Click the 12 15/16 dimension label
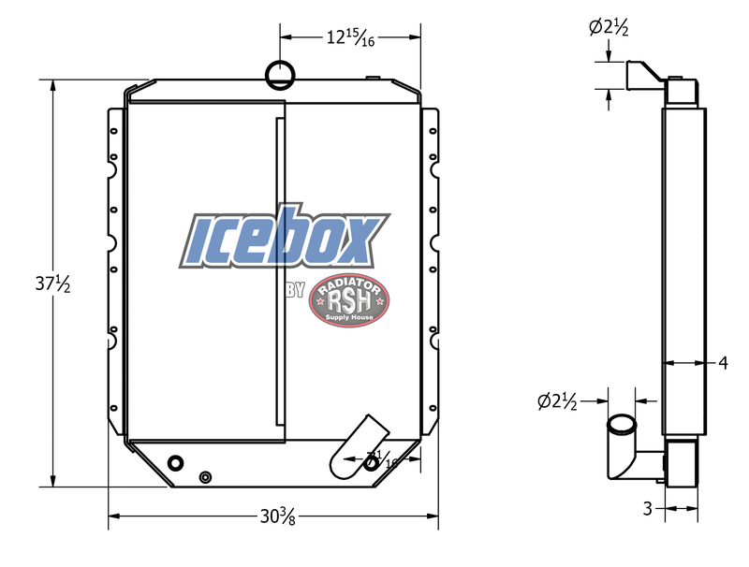click(x=350, y=39)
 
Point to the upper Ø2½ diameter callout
click(x=608, y=28)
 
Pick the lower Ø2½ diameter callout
click(x=558, y=402)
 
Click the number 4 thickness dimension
click(x=723, y=362)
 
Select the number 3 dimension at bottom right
click(x=647, y=509)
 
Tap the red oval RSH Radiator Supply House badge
click(x=349, y=301)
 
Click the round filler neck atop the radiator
click(x=279, y=70)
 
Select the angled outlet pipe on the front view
click(x=358, y=444)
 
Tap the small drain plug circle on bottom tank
click(x=205, y=477)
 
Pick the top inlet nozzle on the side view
click(x=644, y=74)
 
